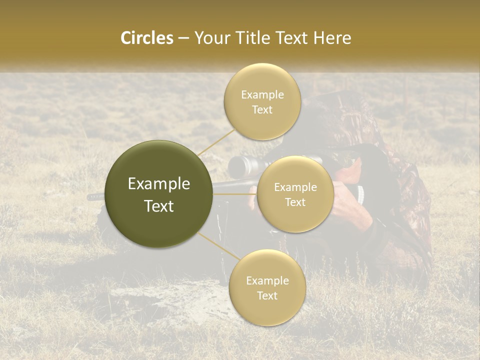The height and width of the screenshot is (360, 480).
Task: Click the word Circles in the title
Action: point(146,38)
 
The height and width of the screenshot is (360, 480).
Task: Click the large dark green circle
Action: point(158,194)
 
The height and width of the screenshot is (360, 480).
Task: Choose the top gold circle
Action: point(262,101)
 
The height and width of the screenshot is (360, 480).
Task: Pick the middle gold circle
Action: point(295,194)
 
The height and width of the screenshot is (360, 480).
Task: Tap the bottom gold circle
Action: point(267,287)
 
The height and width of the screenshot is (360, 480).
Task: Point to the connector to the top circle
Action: point(216,141)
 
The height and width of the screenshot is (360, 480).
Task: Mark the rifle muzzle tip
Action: point(90,197)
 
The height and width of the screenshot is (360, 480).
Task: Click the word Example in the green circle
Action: point(158,184)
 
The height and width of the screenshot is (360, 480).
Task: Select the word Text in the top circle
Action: point(262,109)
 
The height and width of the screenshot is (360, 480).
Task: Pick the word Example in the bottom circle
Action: point(267,280)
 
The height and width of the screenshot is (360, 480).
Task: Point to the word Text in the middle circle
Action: point(295,202)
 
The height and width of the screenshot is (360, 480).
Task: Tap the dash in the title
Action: point(183,38)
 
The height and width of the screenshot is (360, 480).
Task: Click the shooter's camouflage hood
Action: point(345,115)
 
